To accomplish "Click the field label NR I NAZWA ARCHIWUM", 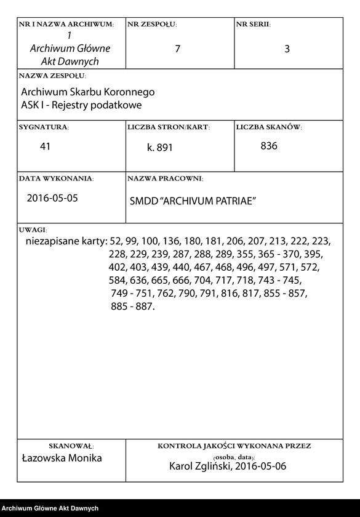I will pos(66,25).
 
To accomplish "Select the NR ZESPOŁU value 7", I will pos(177,49).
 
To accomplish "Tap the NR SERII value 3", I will pos(287,49).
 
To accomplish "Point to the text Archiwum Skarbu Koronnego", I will pos(87,92).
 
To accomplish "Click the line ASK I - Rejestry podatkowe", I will pos(81,105).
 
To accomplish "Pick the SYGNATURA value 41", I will pos(44,146).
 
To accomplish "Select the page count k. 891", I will pos(160,148).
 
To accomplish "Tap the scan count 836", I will pos(269,146).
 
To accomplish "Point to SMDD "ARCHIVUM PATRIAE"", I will pos(193,202).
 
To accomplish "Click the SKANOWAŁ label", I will pos(71,446).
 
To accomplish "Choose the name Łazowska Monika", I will pos(62,459).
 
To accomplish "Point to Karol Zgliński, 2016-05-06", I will pos(228,467).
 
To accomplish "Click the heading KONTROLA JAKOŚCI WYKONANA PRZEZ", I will pos(234,446).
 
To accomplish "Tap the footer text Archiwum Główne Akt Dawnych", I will pos(50,508).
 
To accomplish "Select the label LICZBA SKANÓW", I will pos(268,127).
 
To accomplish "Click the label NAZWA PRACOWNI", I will pos(165,178).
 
